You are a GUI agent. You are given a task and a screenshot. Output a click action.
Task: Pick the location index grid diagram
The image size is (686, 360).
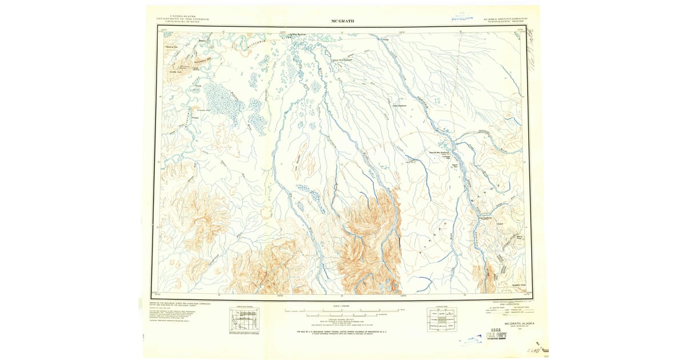pyautogui.click(x=441, y=320)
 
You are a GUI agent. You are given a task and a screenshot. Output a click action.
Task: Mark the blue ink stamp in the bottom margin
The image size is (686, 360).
pyautogui.click(x=468, y=341)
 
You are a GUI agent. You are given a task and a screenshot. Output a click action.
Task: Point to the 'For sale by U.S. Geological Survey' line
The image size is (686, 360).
pyautogui.click(x=342, y=331)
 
